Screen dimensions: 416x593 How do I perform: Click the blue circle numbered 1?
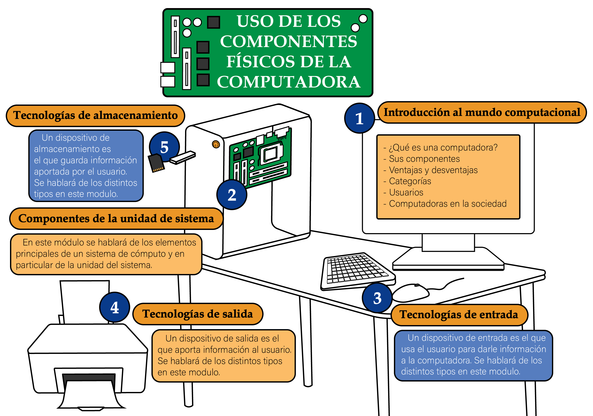(359, 118)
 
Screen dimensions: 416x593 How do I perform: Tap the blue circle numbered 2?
(232, 195)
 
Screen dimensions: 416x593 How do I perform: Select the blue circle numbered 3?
(377, 298)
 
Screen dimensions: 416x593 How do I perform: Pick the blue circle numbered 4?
(114, 307)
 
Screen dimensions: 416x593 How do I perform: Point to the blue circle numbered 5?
(164, 147)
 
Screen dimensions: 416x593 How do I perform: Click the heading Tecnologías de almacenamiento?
(95, 116)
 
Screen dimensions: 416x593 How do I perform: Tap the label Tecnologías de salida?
(198, 314)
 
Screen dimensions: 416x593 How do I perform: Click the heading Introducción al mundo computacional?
(482, 112)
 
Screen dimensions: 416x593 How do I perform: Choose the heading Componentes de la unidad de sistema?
(116, 219)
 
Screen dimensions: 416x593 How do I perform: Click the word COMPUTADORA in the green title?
(288, 82)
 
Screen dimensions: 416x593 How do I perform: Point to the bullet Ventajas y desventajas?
(433, 170)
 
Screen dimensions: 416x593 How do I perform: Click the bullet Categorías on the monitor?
(410, 181)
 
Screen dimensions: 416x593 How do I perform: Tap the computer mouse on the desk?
(411, 293)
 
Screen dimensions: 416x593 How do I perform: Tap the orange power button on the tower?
(216, 144)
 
